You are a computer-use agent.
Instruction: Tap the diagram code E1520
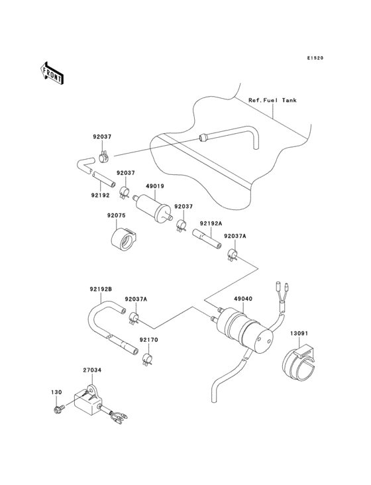click(315, 58)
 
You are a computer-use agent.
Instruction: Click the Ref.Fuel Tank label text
click(272, 100)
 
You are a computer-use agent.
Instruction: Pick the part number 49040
click(242, 299)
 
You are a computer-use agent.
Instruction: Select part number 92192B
click(101, 290)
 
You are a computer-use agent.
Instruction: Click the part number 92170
click(148, 340)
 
